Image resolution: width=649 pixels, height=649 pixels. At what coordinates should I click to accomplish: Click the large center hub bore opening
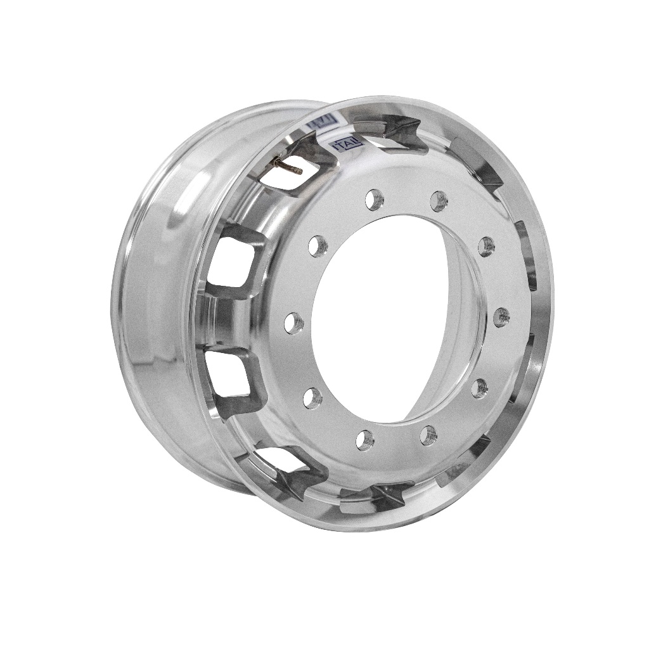(380, 317)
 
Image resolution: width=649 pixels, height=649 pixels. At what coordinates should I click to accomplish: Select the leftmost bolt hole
(293, 324)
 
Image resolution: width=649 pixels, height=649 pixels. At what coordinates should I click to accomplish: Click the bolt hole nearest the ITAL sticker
(375, 200)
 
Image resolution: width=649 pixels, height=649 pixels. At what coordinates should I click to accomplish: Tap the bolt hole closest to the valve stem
(319, 244)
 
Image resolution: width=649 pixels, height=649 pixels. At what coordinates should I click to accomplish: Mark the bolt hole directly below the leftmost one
(311, 397)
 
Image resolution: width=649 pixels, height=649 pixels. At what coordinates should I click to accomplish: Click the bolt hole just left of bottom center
(365, 439)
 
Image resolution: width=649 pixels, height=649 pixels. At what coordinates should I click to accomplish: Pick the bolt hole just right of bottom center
(429, 435)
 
